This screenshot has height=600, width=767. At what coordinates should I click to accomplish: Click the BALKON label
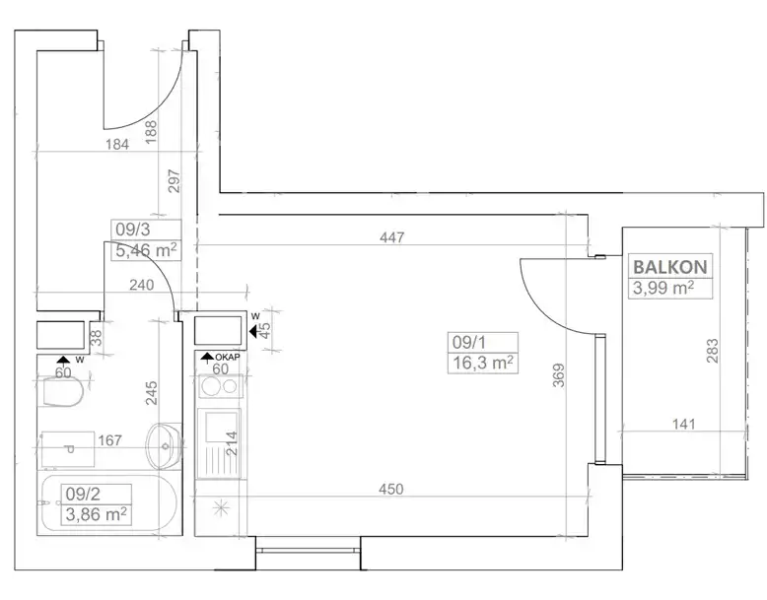point(670,267)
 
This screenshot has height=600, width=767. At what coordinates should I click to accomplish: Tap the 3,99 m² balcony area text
point(663,288)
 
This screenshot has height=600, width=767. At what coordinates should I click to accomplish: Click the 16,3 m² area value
point(483,364)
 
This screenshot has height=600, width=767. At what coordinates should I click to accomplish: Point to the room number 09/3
point(132,230)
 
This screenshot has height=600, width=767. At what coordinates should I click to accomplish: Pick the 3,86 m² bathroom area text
point(97,514)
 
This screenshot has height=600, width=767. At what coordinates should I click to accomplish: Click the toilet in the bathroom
point(62,392)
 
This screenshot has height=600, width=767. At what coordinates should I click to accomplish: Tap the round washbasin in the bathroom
point(164,445)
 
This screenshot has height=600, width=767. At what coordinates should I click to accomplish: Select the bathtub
point(107,503)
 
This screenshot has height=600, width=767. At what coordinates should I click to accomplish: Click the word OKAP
point(228,358)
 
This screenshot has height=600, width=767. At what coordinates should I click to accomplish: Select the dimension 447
point(391,237)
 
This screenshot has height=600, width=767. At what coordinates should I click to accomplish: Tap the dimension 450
point(390,489)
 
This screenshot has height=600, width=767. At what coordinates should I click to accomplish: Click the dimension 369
point(559,375)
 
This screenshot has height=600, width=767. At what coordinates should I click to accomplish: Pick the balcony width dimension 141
point(683,424)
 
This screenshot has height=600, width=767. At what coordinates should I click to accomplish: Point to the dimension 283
point(713,351)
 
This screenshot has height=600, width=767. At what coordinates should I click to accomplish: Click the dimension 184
point(117,144)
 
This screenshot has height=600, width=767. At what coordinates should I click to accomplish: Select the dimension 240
point(141,285)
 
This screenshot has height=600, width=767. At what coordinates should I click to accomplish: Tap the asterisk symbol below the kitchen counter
point(221,508)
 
